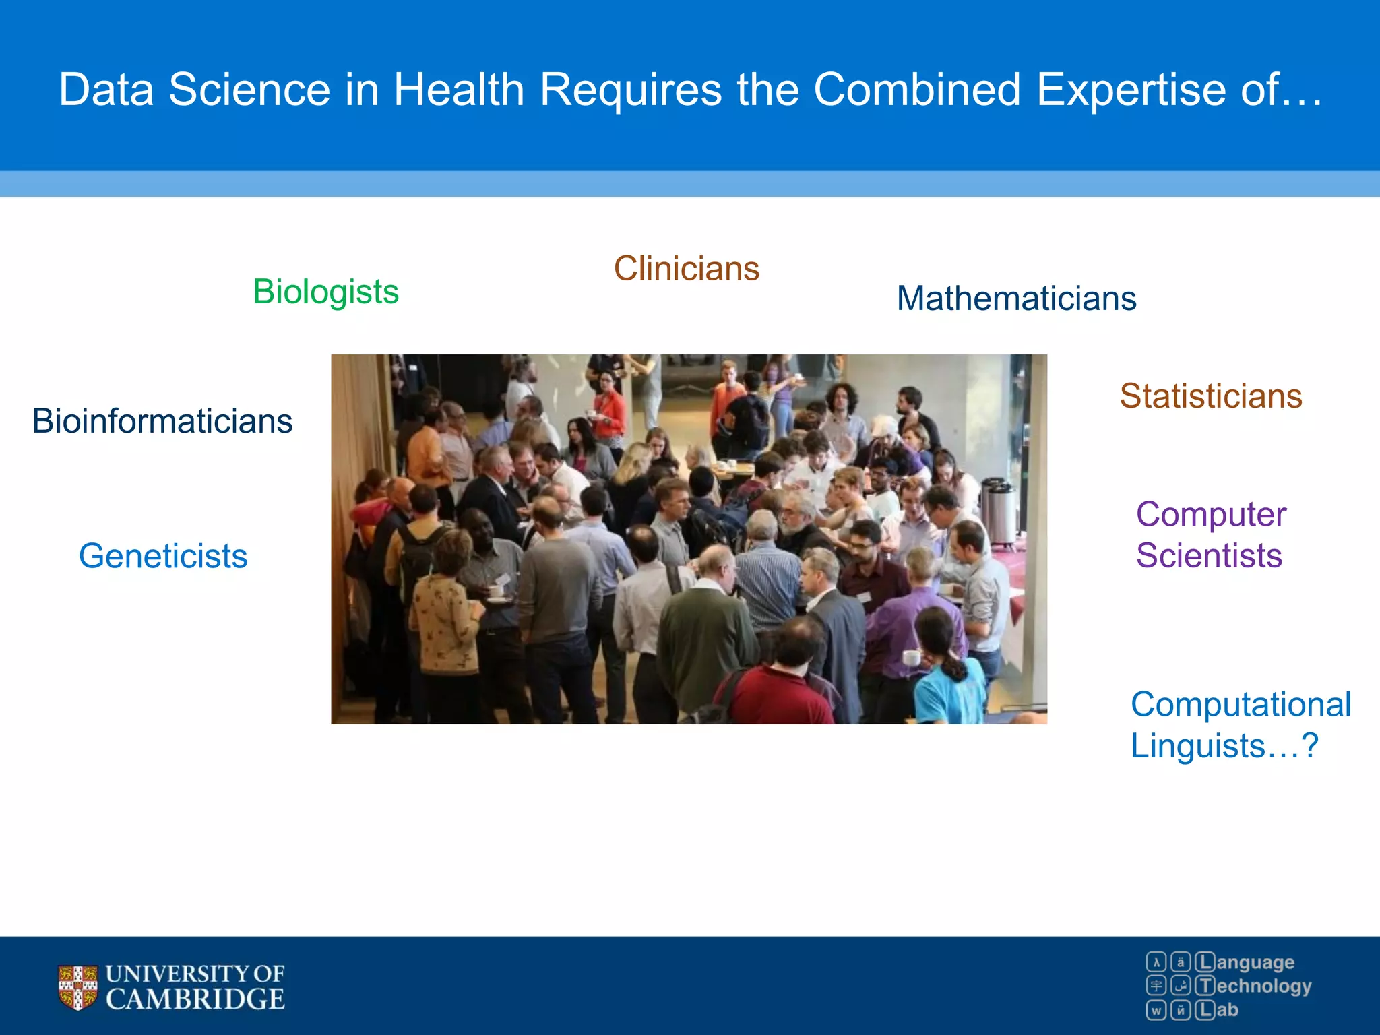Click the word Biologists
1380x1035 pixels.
pos(325,292)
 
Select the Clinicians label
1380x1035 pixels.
pos(686,268)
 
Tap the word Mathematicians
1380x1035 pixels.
pos(1016,298)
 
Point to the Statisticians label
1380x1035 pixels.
pos(1211,396)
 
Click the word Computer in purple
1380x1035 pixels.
pos(1211,514)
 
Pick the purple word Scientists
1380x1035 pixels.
pos(1209,556)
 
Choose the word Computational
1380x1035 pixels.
pos(1241,704)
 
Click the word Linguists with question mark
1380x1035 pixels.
pos(1223,746)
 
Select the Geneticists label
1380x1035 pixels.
pos(163,557)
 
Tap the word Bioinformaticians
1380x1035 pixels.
pos(162,421)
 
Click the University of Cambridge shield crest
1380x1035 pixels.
pos(77,987)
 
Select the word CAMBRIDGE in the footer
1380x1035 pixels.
pos(195,999)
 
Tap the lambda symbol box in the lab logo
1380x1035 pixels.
pos(1156,962)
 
